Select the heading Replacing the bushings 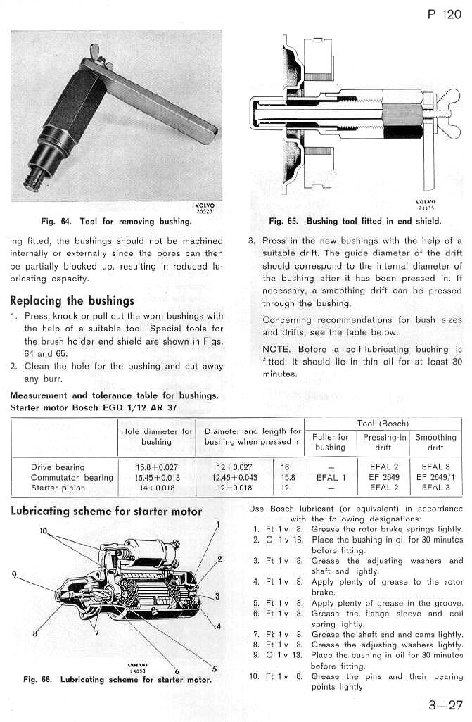coord(72,300)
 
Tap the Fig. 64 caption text coord(116,221)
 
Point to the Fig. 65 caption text coord(355,221)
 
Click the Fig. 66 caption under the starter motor coord(116,680)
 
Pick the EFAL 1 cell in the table coord(330,477)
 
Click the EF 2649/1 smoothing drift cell coord(435,477)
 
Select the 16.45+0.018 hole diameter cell coord(156,477)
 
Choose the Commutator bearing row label coord(72,477)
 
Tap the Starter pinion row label coord(58,487)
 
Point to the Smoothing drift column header coord(435,442)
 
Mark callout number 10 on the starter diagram coord(44,531)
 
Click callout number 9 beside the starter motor coord(13,574)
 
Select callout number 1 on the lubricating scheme coord(219,524)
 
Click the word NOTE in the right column coord(276,349)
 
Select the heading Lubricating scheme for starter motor coord(106,512)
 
